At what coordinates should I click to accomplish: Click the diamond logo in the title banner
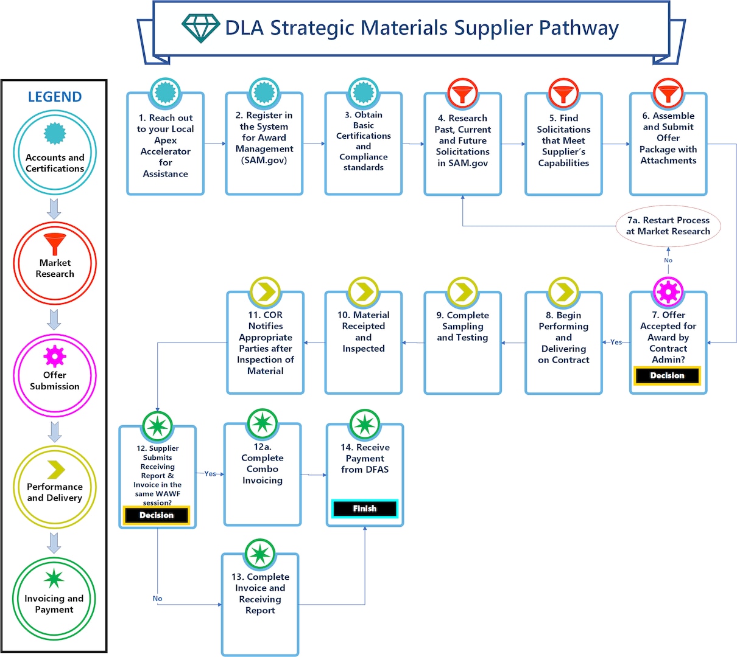(200, 28)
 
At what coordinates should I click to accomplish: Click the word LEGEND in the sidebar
(55, 97)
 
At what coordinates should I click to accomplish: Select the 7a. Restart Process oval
(668, 226)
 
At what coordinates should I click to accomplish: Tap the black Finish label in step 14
(364, 509)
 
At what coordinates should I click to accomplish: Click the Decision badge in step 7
(667, 376)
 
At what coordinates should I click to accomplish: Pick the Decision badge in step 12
(157, 515)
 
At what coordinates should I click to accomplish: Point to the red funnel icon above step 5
(563, 94)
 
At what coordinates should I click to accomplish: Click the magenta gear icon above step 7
(668, 293)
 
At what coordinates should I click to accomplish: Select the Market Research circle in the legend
(55, 263)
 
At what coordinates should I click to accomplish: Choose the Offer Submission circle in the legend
(55, 375)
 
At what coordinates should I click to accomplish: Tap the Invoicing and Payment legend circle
(54, 599)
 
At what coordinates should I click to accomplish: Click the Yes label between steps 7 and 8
(616, 342)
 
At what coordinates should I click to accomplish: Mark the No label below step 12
(157, 599)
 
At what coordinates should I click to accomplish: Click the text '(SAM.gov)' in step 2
(264, 160)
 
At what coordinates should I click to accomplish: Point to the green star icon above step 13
(260, 554)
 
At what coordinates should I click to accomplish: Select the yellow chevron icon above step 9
(462, 293)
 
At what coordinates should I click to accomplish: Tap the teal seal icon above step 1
(165, 94)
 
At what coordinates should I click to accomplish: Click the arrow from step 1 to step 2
(214, 144)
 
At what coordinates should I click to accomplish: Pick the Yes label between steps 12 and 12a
(210, 474)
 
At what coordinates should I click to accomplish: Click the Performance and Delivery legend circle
(55, 487)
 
